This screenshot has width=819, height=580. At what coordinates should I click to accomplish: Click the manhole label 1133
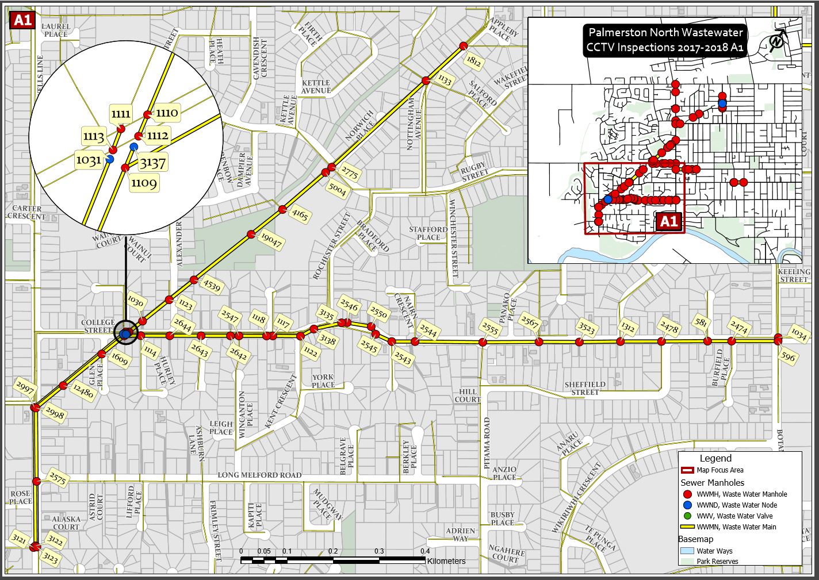pos(445,79)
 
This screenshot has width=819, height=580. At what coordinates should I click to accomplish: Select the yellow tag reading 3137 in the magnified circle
pos(153,163)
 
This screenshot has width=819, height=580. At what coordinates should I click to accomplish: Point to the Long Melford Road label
pos(259,475)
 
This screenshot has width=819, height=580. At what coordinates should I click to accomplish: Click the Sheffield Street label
pos(585,388)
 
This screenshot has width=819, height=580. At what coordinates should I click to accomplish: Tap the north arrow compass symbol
pos(776,41)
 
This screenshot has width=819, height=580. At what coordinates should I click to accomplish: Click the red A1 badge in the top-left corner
pos(22,21)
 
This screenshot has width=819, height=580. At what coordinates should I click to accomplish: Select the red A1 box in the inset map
pos(669,221)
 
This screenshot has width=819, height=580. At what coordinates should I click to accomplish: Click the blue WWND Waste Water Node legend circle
pos(687,505)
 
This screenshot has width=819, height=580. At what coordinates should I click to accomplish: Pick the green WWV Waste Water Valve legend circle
pos(687,516)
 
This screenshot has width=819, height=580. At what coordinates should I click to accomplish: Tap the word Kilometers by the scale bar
pos(446,561)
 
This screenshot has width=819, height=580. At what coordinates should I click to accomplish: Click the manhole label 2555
pos(490,328)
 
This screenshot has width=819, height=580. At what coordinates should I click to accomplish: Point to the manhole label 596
pos(787,357)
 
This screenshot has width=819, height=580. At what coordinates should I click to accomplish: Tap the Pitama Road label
pos(487,443)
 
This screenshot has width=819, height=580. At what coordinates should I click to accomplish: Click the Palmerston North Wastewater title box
pos(665,40)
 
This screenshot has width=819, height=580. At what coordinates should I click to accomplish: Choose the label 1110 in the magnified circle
pos(167,113)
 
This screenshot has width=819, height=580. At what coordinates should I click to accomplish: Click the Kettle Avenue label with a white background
pos(316,87)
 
